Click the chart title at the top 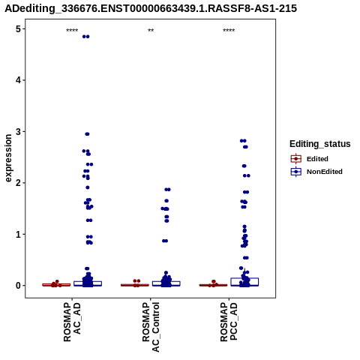coord(151,8)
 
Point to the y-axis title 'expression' coord(8,158)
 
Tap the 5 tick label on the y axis coord(18,29)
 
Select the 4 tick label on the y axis coord(18,80)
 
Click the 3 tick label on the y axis coord(18,131)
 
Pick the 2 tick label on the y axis coord(18,183)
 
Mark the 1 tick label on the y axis coord(18,234)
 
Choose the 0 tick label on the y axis coord(18,286)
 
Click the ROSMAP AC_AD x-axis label coord(72,322)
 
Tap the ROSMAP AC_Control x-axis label coord(151,327)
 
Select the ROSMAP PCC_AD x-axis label coord(229,322)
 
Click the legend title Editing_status coord(320,144)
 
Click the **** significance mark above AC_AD coord(72,31)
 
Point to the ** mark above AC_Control coord(151,31)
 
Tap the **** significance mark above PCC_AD coord(229,31)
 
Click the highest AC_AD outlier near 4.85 coord(85,37)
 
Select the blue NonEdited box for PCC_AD coord(244,282)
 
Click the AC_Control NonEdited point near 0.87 coord(165,241)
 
